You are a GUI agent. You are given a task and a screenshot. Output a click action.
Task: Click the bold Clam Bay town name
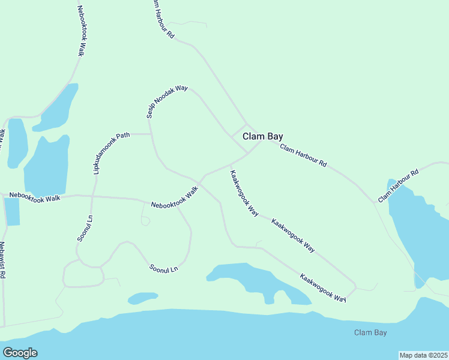(262, 137)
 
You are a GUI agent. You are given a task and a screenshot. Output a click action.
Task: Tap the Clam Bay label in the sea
(370, 332)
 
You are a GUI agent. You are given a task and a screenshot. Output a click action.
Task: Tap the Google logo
(20, 353)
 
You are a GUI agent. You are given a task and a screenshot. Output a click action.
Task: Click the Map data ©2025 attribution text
(423, 355)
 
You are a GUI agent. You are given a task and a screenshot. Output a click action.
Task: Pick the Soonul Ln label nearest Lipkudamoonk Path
(85, 228)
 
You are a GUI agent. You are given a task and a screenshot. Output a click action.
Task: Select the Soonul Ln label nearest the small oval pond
(164, 266)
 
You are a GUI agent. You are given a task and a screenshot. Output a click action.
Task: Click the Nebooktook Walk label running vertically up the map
(82, 31)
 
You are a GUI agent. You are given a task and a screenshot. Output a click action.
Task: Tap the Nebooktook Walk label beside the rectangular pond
(35, 197)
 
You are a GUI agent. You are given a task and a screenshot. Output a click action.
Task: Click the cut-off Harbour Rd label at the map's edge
(162, 19)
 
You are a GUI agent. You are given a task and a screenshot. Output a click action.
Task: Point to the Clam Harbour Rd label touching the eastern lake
(398, 185)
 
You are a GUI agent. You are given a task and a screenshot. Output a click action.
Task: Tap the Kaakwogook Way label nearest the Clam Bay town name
(244, 193)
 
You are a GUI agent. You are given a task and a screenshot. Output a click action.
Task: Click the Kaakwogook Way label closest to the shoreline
(324, 288)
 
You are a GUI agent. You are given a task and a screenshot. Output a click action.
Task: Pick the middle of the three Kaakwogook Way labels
(293, 235)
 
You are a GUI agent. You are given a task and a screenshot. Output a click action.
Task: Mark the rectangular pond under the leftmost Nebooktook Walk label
(11, 211)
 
